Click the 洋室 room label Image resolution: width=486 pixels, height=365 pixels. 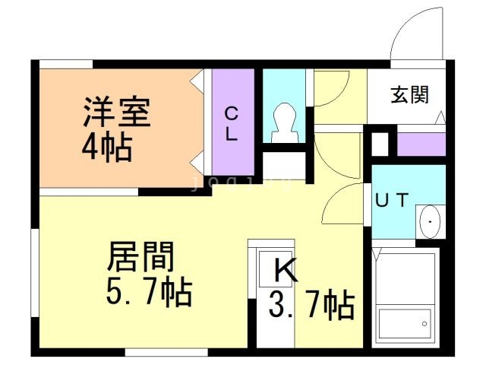(x=117, y=112)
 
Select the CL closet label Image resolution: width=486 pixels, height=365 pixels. (x=231, y=124)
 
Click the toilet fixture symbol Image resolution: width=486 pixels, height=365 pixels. (x=285, y=122)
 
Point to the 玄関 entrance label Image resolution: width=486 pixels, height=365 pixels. (x=409, y=94)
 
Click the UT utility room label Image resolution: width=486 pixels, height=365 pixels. (x=392, y=200)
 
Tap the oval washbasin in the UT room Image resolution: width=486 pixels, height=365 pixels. (x=430, y=221)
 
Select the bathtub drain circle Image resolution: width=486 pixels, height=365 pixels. (x=424, y=324)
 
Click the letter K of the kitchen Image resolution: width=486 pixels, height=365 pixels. (x=286, y=270)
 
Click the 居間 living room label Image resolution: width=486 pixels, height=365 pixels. (x=140, y=256)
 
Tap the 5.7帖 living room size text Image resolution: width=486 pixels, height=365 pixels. (x=149, y=291)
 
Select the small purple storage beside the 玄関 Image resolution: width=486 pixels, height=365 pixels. (x=421, y=144)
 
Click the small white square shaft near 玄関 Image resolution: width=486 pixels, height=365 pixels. (x=380, y=144)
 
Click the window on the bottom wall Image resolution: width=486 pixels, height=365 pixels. (x=166, y=352)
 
